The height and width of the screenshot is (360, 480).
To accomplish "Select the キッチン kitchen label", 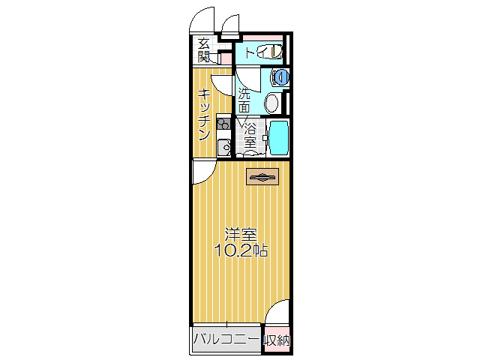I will (x=203, y=114).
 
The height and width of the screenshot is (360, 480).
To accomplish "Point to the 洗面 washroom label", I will (x=244, y=100).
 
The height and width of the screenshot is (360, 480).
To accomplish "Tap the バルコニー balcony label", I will (x=226, y=340).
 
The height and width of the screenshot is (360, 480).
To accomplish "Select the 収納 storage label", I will (x=275, y=340).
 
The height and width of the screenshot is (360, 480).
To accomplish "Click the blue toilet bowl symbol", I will (x=280, y=76).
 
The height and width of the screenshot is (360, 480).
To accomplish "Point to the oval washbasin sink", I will (x=273, y=101).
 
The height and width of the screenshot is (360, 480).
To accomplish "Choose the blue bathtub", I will (x=278, y=136).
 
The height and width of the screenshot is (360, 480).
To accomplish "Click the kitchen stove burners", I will (x=223, y=124).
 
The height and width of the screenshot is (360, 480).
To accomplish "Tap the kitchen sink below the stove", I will (x=223, y=146).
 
